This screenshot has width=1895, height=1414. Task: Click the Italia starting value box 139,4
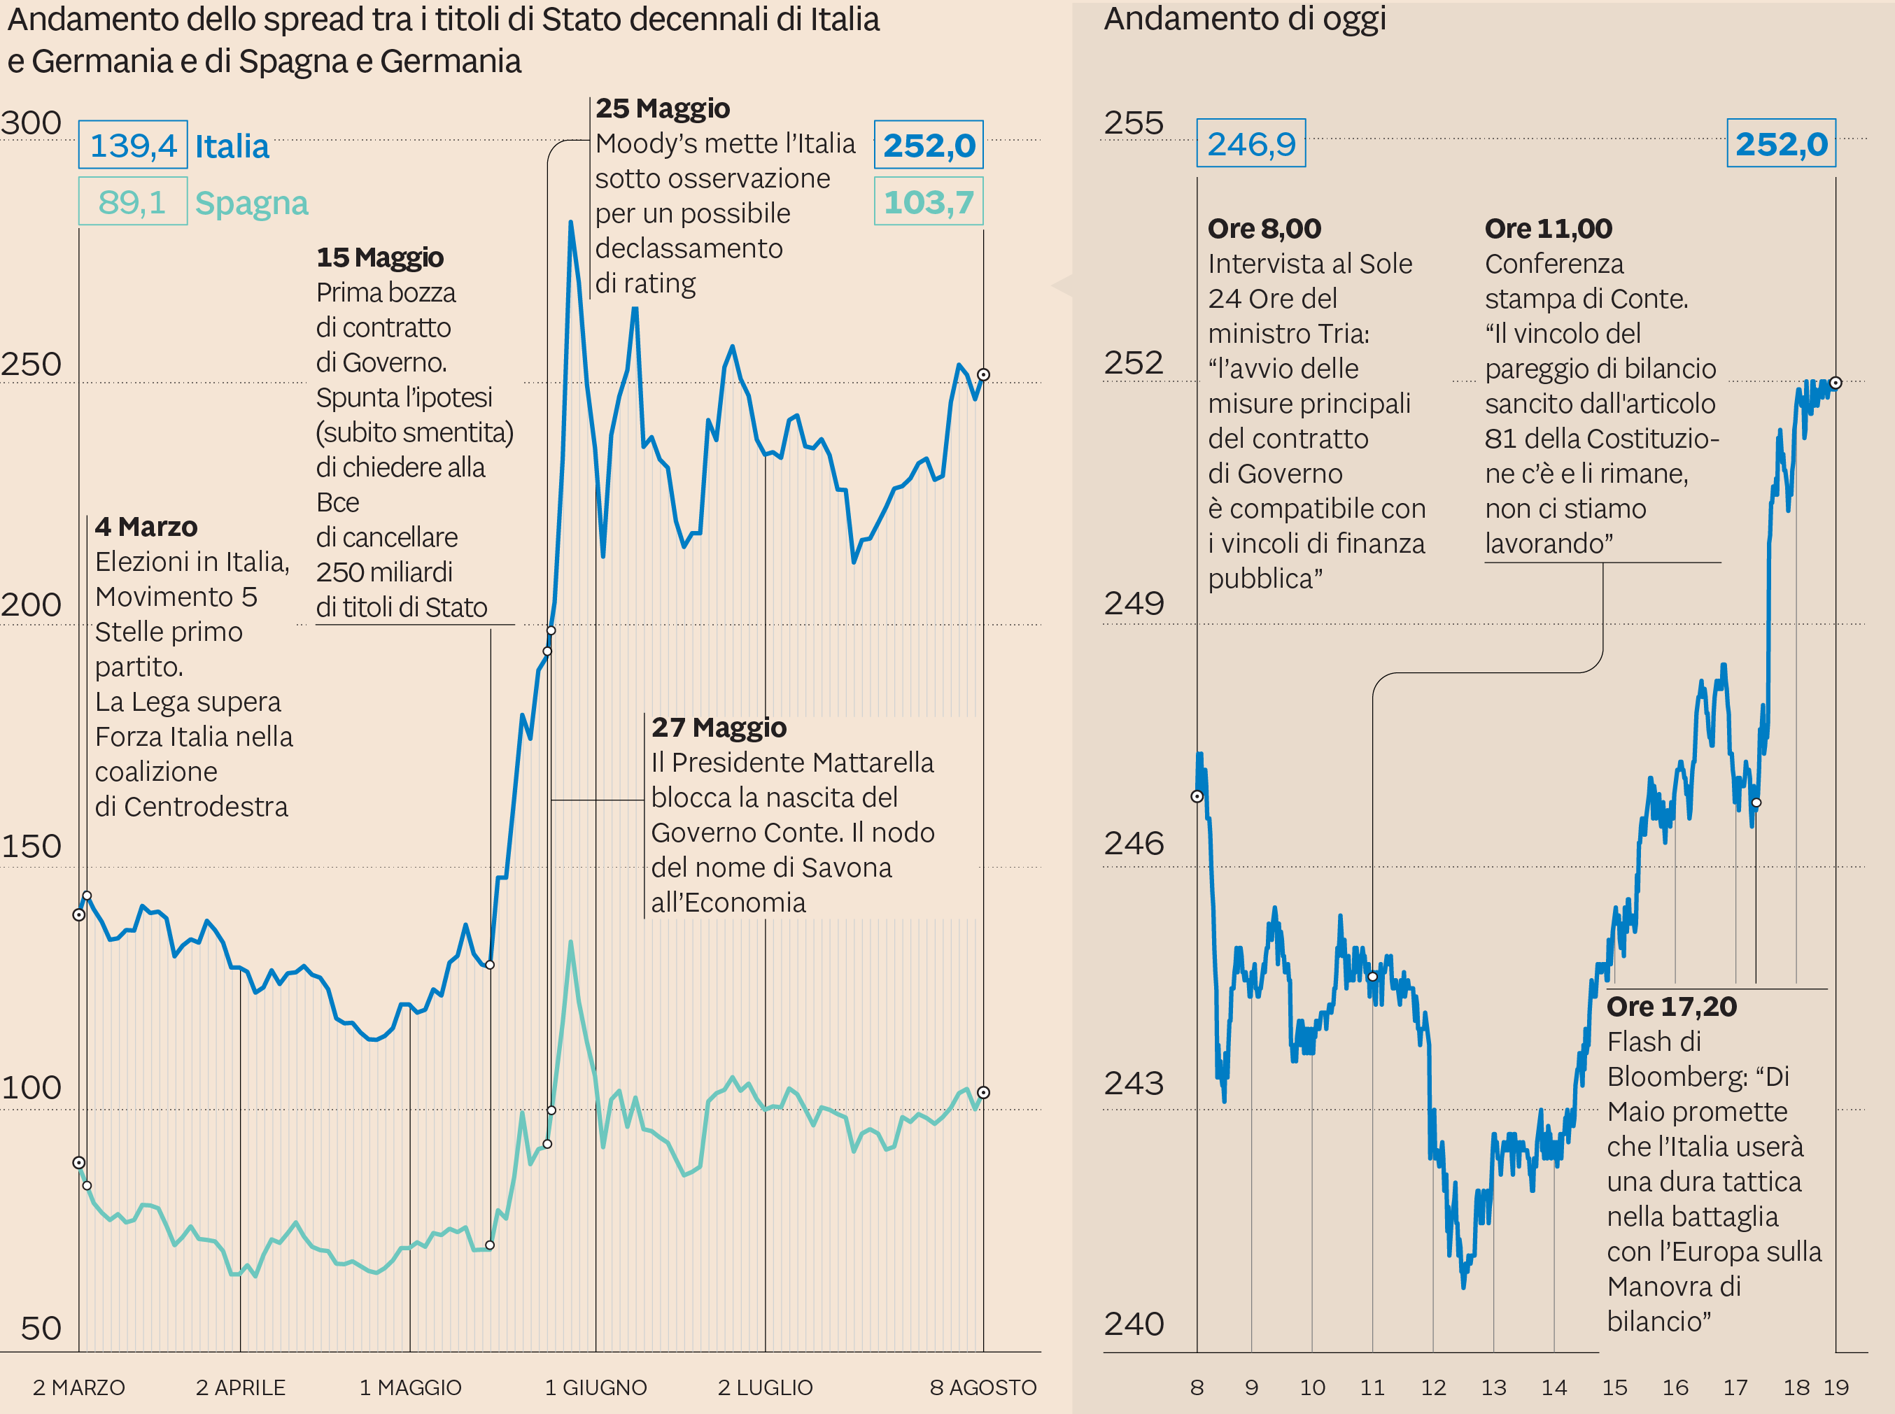[133, 146]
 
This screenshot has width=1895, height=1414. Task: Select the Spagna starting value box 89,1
[133, 202]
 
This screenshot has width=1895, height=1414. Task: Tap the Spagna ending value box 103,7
[929, 202]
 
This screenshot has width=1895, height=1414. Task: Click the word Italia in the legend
[232, 146]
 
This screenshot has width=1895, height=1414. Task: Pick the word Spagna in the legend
[252, 204]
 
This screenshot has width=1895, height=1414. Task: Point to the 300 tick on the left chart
[31, 123]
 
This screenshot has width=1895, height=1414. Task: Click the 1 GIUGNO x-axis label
[596, 1387]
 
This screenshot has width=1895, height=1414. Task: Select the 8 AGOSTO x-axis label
[983, 1387]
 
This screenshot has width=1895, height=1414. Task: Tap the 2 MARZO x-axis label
[79, 1387]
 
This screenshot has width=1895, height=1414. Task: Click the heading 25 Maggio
[663, 108]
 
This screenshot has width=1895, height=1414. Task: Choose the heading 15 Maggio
[380, 257]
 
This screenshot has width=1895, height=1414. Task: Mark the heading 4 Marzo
[146, 526]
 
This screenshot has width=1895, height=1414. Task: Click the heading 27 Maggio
[719, 728]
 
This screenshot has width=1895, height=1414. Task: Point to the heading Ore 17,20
[1672, 1007]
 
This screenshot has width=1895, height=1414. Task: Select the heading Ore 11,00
[1549, 229]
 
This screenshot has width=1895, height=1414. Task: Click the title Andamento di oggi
[1244, 19]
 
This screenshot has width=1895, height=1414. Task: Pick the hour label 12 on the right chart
[1434, 1387]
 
